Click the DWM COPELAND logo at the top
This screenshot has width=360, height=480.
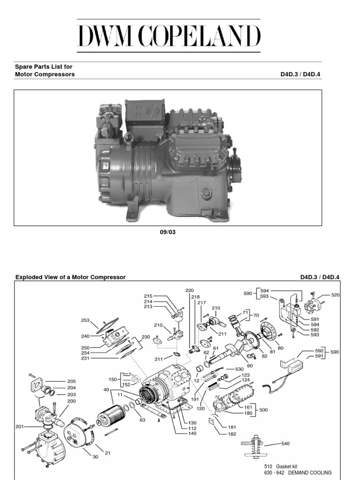168,36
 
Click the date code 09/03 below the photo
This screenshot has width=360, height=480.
168,232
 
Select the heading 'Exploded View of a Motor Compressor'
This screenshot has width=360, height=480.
70,277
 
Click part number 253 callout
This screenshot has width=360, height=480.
85,320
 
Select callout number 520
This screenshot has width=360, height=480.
335,295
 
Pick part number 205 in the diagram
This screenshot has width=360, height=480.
71,382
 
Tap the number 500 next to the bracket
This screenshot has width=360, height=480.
263,410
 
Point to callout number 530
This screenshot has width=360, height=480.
239,369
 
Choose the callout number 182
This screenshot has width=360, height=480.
232,435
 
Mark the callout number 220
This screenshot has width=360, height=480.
189,291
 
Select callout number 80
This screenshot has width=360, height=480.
280,348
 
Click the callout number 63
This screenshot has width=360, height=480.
142,407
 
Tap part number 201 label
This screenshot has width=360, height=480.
19,426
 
